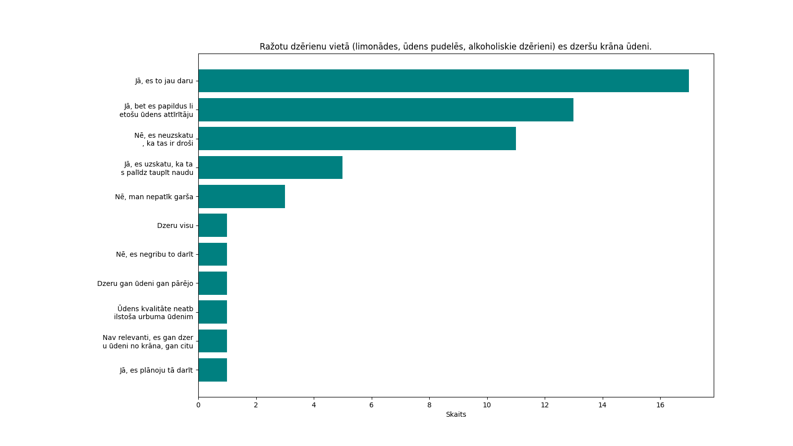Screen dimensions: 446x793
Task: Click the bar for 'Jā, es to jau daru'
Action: click(443, 81)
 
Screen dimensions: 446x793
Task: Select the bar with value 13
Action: click(386, 110)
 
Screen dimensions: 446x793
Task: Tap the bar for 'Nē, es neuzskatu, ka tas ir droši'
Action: click(357, 139)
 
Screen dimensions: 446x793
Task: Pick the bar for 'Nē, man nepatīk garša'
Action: click(241, 197)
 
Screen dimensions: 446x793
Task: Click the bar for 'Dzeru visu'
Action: click(213, 225)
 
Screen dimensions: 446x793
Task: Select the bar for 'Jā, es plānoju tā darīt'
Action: click(213, 370)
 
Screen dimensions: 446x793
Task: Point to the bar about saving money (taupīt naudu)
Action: click(270, 167)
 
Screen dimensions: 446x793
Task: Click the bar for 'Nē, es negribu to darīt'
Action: click(213, 254)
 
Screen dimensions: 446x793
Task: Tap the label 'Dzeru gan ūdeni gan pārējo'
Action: click(145, 283)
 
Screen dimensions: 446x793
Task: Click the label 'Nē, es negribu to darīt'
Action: click(155, 254)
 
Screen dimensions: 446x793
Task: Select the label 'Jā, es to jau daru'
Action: click(164, 81)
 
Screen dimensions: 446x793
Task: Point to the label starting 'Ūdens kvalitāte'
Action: click(154, 313)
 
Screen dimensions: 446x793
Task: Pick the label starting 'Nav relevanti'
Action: click(148, 341)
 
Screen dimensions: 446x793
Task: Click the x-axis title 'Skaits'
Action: click(456, 414)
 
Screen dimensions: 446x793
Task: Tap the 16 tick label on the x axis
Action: click(660, 405)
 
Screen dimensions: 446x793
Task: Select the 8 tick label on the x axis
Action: click(429, 405)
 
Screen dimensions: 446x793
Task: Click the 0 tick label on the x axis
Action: click(198, 405)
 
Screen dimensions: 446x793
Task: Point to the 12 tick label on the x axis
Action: click(545, 405)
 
